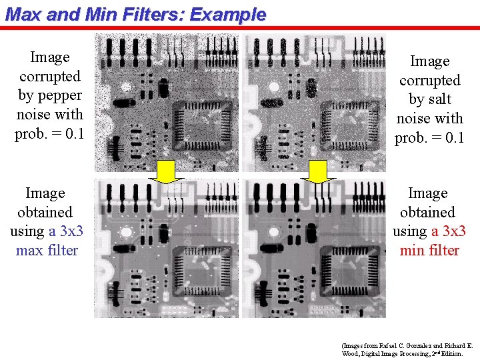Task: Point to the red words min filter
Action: (429, 251)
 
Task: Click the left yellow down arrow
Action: (174, 171)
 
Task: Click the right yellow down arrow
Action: (319, 171)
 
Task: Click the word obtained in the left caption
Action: (45, 213)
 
